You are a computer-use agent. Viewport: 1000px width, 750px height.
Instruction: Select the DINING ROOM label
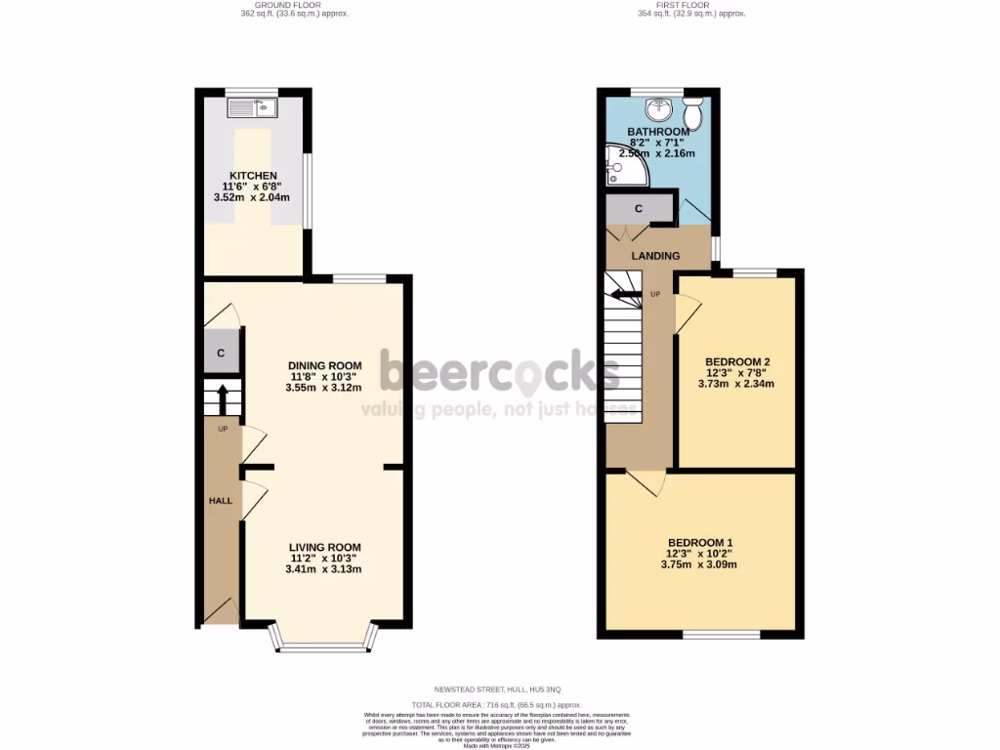click(x=324, y=365)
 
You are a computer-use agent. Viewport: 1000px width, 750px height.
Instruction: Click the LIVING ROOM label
click(x=324, y=547)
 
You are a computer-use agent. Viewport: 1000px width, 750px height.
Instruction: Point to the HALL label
click(x=220, y=501)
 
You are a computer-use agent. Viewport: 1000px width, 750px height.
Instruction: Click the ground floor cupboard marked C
click(x=222, y=354)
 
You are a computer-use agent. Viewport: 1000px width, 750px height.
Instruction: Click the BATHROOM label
click(x=657, y=132)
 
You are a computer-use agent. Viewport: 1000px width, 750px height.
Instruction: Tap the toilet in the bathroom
click(x=693, y=113)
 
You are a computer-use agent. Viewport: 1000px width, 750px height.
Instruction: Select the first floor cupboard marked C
click(x=639, y=208)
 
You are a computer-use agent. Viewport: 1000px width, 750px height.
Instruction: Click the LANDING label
click(x=654, y=256)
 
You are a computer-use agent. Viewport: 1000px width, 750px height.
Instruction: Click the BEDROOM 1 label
click(x=700, y=542)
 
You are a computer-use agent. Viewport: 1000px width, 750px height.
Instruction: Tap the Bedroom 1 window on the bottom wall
click(x=721, y=635)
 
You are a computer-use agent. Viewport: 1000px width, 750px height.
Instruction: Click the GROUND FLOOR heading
click(x=295, y=6)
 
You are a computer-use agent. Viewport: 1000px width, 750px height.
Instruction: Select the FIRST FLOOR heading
click(x=691, y=6)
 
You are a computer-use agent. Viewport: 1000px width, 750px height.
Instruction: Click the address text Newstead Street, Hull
click(x=497, y=690)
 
